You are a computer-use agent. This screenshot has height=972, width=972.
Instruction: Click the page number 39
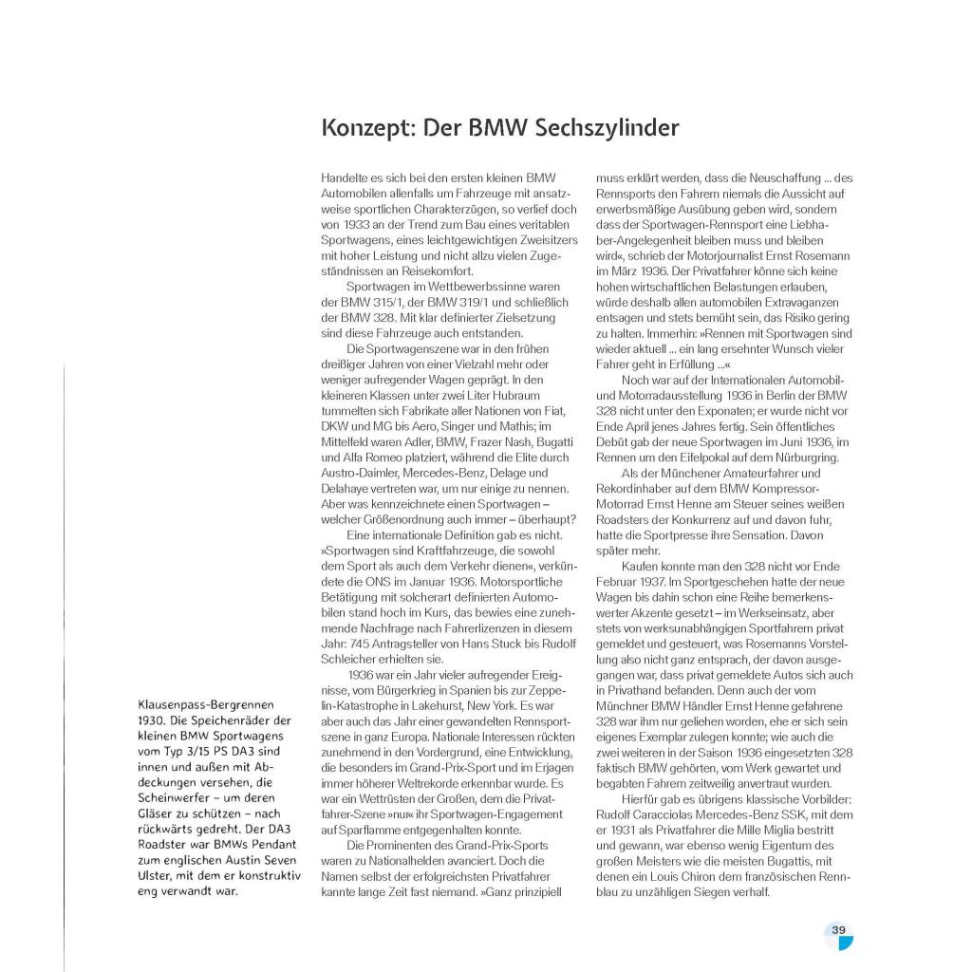tap(838, 930)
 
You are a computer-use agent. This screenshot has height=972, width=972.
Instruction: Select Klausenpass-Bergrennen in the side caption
tap(206, 704)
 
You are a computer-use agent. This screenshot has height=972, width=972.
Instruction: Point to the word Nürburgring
tap(812, 458)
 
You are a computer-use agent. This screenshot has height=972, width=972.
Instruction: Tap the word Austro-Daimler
tap(360, 472)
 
